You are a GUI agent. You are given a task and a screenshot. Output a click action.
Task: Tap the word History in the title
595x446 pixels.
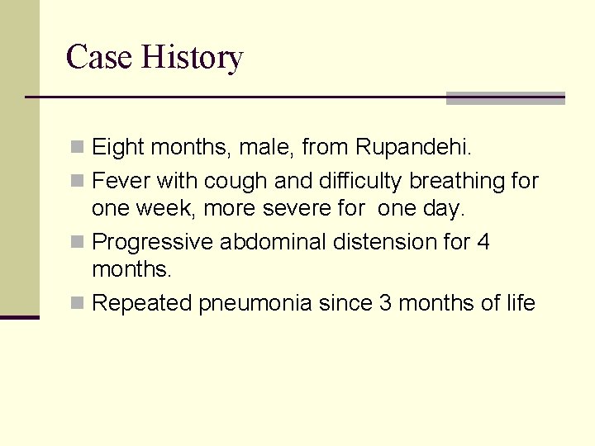(x=192, y=58)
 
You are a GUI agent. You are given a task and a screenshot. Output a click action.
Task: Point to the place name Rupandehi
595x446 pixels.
(x=425, y=148)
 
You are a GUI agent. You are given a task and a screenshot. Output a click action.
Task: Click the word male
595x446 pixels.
(x=264, y=148)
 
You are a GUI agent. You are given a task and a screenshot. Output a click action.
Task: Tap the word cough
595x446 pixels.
(x=235, y=181)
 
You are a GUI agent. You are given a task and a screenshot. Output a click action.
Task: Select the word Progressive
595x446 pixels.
(x=153, y=243)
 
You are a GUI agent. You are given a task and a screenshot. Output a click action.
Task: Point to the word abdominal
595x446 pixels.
(x=273, y=242)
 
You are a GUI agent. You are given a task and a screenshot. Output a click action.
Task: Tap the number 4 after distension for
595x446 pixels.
(x=483, y=242)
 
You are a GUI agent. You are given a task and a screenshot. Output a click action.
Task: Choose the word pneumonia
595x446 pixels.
(x=255, y=304)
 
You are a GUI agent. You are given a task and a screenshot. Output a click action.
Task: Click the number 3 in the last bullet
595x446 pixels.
(x=385, y=303)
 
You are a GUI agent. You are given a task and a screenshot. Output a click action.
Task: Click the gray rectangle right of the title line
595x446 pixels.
(x=505, y=98)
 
